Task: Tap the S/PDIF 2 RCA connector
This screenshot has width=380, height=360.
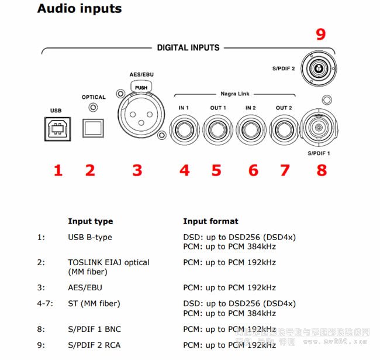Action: [319, 68]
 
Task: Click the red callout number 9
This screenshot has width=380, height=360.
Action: [320, 35]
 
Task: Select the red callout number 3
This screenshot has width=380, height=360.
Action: [137, 170]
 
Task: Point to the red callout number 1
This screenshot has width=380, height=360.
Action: [57, 170]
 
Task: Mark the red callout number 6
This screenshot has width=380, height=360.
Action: [253, 170]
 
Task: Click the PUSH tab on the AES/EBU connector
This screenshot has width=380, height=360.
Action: [141, 87]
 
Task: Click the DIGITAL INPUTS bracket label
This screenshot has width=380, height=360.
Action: [188, 47]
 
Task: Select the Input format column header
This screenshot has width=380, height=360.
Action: [210, 221]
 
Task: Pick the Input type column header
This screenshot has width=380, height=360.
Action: [90, 221]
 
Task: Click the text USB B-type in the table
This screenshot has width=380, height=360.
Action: [90, 237]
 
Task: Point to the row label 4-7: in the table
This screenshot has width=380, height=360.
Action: [45, 303]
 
